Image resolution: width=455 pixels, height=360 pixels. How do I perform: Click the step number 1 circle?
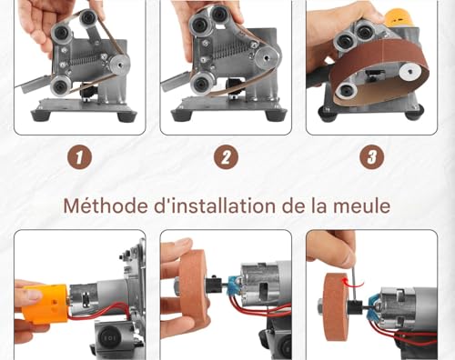[81, 156]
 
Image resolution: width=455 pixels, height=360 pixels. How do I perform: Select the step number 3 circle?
[370, 156]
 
